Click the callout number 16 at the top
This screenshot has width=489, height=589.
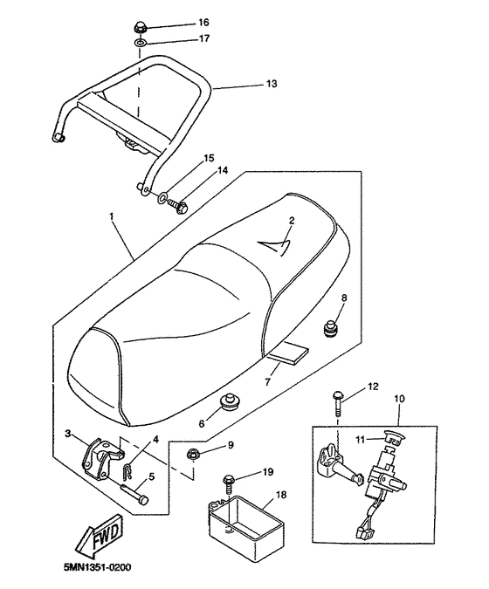coord(203,22)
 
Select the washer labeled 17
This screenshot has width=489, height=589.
coord(140,42)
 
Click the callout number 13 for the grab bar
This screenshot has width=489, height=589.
coord(271,85)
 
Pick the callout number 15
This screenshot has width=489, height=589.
coord(209,159)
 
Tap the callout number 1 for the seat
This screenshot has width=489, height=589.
coord(112,215)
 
